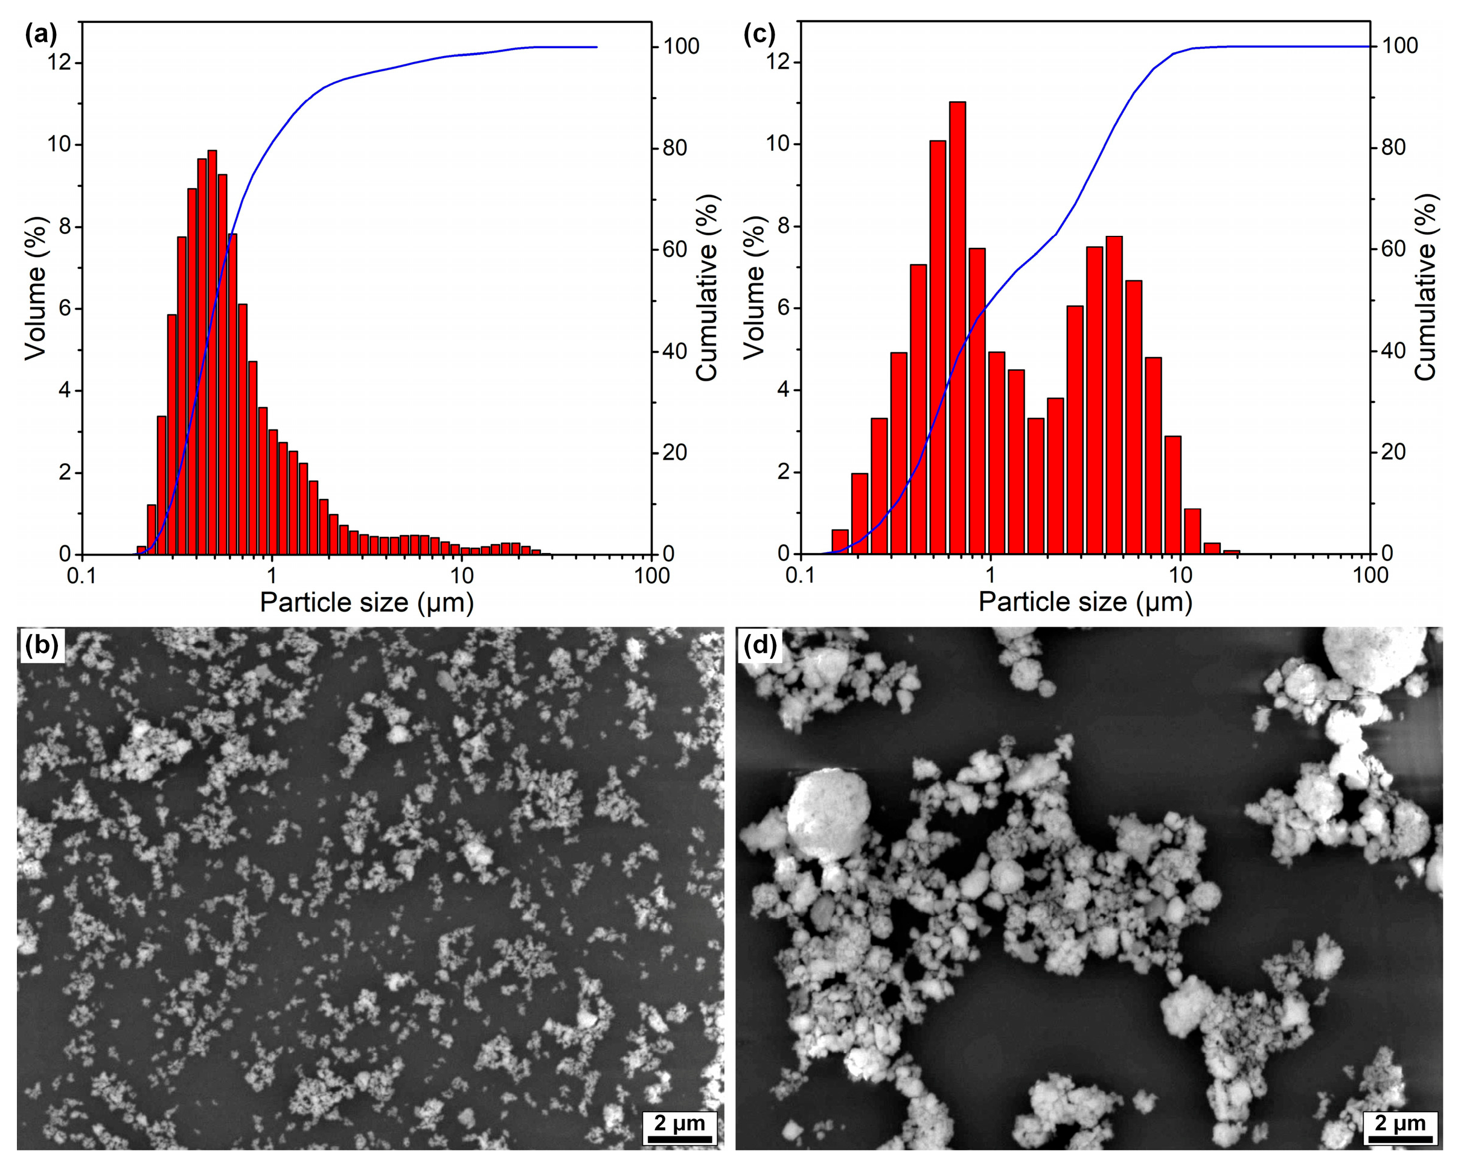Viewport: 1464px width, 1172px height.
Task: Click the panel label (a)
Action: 40,34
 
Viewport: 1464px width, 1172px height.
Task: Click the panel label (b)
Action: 40,645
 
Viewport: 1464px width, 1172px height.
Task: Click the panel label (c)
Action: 759,34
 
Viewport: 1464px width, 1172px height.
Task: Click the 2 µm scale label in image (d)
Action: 1399,1123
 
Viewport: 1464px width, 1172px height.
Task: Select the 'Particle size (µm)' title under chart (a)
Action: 366,602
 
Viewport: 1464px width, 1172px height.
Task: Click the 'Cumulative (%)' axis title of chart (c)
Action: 1427,287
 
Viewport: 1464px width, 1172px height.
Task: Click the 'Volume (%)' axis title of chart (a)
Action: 35,288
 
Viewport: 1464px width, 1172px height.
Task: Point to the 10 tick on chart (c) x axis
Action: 1181,575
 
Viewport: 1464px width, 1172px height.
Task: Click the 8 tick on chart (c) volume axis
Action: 783,226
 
